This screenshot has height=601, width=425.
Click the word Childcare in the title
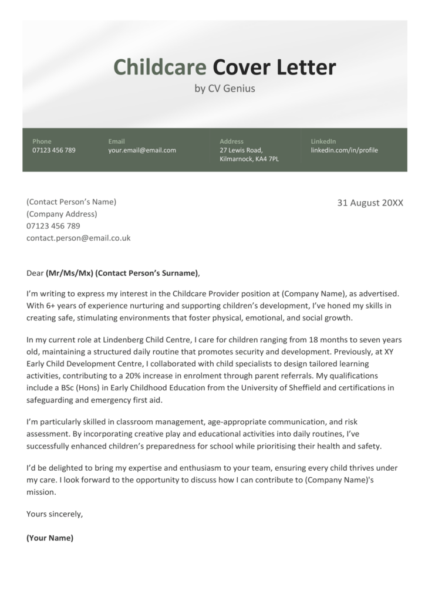point(160,67)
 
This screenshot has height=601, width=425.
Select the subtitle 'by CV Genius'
point(224,89)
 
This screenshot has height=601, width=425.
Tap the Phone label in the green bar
point(42,141)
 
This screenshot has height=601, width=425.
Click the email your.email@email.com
point(142,150)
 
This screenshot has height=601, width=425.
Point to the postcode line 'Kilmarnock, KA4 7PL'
point(249,159)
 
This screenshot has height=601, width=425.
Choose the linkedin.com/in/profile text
point(344,150)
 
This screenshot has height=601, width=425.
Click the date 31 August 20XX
point(370,203)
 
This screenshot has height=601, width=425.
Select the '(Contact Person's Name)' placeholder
point(71,202)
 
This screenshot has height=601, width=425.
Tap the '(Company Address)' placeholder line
point(62,214)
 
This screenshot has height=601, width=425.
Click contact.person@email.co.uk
point(78,238)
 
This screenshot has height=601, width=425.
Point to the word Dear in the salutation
point(35,273)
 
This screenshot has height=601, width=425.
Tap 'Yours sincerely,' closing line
point(55,514)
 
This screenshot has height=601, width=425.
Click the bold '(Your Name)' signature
point(50,538)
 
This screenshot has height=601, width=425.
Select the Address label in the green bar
point(231,141)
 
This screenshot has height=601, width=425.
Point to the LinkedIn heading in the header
point(323,141)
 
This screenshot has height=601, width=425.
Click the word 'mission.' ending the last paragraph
point(41,492)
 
